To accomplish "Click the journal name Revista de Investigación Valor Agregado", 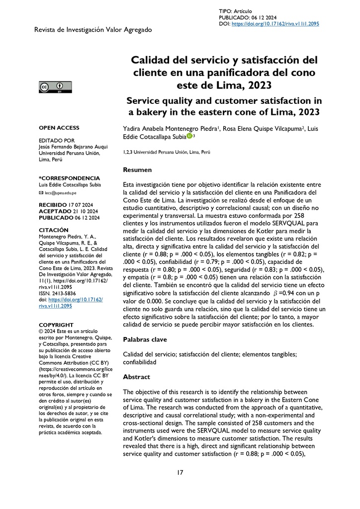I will pyautogui.click(x=93, y=30).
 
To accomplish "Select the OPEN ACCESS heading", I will pyautogui.click(x=59, y=128).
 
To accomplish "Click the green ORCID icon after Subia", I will pyautogui.click(x=189, y=136).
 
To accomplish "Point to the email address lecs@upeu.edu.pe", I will pyautogui.click(x=60, y=192).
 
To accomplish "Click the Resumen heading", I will pyautogui.click(x=138, y=170).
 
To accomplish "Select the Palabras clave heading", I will pyautogui.click(x=145, y=339).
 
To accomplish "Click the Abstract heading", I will pyautogui.click(x=136, y=377).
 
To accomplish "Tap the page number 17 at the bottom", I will pyautogui.click(x=180, y=472).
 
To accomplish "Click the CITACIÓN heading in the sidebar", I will pyautogui.click(x=53, y=230).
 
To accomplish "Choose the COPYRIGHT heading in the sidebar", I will pyautogui.click(x=56, y=325).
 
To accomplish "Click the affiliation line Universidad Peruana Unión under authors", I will pyautogui.click(x=166, y=153).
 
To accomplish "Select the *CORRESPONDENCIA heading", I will pyautogui.click(x=69, y=178).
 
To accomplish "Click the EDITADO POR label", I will pyautogui.click(x=56, y=141).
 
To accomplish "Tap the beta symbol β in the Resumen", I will pyautogui.click(x=276, y=294).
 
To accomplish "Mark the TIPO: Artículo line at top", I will pyautogui.click(x=235, y=11).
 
